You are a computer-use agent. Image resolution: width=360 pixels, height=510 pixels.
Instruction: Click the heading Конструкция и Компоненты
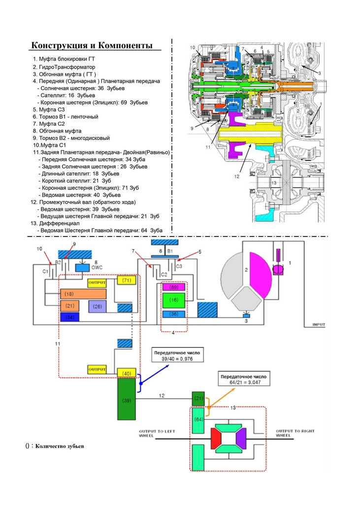click(95, 45)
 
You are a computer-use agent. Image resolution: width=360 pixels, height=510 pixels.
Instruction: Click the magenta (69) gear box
click(173, 287)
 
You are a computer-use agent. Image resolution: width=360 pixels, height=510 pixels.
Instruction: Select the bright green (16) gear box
click(173, 300)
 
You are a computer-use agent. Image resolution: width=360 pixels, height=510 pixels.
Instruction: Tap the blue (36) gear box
click(173, 314)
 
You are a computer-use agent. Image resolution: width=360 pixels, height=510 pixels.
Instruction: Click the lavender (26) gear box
click(98, 306)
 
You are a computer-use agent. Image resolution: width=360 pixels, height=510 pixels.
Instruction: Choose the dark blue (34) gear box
click(69, 317)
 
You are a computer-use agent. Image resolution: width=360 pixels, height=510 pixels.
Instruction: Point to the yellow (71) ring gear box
click(126, 280)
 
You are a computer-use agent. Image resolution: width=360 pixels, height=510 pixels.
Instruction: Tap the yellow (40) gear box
click(126, 373)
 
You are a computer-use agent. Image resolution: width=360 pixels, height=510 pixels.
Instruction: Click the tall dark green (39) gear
click(126, 401)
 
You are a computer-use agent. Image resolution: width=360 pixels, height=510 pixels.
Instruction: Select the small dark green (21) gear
click(198, 398)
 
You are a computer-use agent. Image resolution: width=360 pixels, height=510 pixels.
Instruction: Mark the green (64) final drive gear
click(198, 419)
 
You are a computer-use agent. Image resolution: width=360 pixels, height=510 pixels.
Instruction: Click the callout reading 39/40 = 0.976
click(177, 356)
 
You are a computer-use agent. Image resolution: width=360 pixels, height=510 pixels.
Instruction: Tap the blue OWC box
click(82, 267)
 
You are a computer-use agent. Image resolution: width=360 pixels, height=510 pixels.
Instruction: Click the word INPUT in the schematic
click(322, 324)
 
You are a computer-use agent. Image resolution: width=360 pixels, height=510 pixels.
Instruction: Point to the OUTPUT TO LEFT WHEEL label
click(157, 433)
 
